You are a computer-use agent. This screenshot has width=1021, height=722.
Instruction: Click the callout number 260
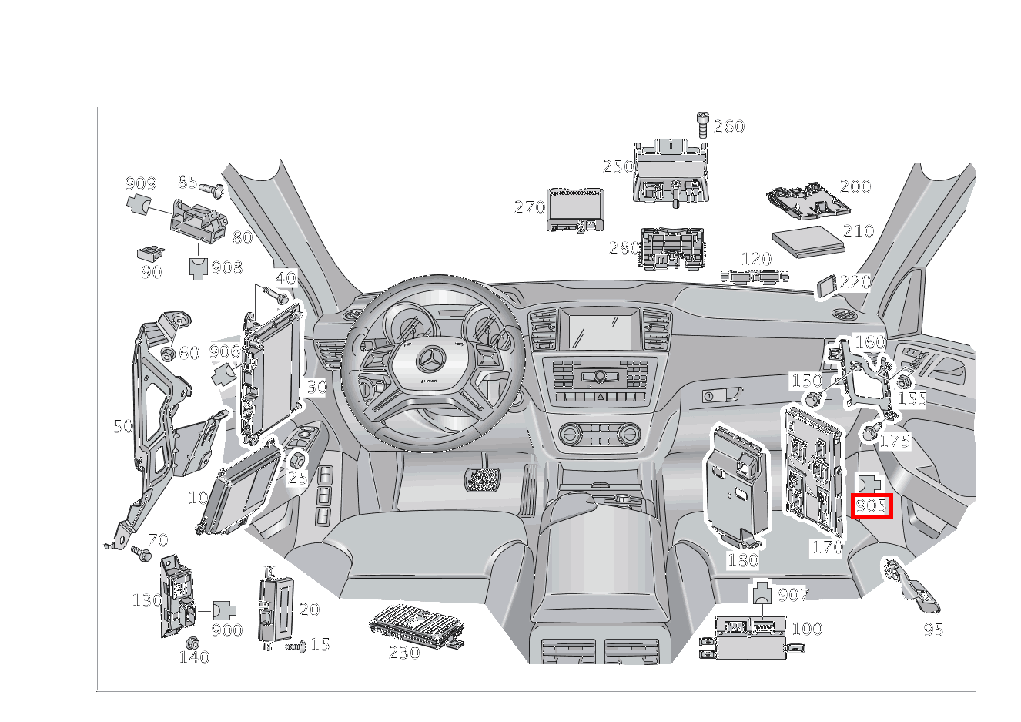pyautogui.click(x=728, y=126)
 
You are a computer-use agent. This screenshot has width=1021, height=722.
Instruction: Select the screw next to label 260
pyautogui.click(x=701, y=123)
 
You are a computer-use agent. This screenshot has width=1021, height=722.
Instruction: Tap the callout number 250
pyautogui.click(x=618, y=167)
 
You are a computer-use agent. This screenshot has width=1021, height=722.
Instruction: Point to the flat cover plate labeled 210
pyautogui.click(x=807, y=240)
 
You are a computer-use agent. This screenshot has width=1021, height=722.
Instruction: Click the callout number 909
pyautogui.click(x=140, y=183)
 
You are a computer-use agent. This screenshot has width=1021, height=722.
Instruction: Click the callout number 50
pyautogui.click(x=123, y=426)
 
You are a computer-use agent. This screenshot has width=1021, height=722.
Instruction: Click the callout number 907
pyautogui.click(x=793, y=594)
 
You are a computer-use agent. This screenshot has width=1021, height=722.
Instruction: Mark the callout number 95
pyautogui.click(x=933, y=630)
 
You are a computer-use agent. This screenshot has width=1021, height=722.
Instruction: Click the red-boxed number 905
pyautogui.click(x=872, y=506)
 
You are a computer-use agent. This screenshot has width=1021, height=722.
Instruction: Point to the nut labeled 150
pyautogui.click(x=812, y=399)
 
